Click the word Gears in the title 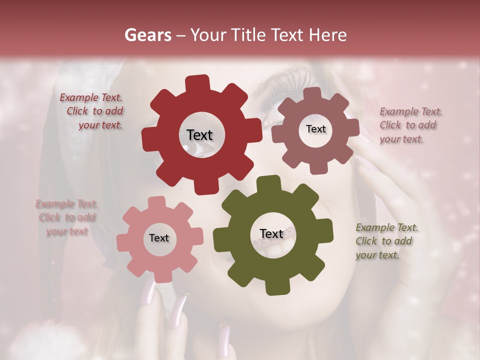[147, 35]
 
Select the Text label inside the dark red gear [199, 135]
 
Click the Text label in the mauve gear [315, 129]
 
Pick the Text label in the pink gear [159, 238]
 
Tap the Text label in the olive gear [271, 233]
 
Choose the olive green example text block [386, 241]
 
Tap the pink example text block [67, 217]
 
